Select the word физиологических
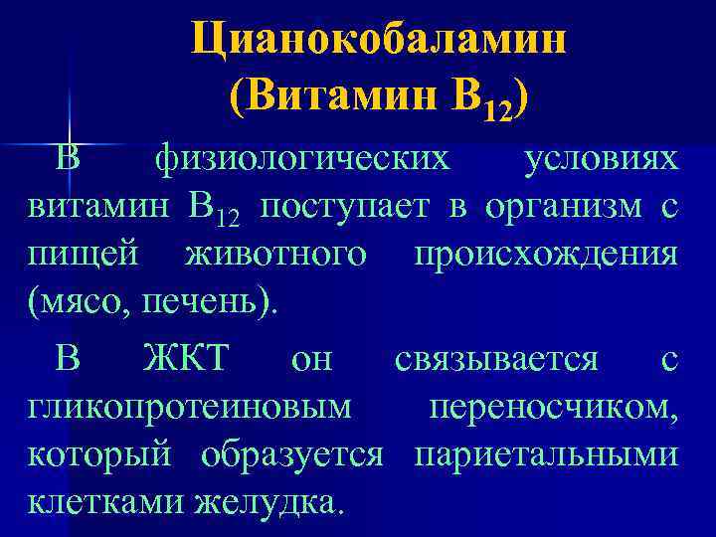pos(300,161)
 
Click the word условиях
pos(602,161)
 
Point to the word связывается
pos(496,359)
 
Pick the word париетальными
pos(546,454)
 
